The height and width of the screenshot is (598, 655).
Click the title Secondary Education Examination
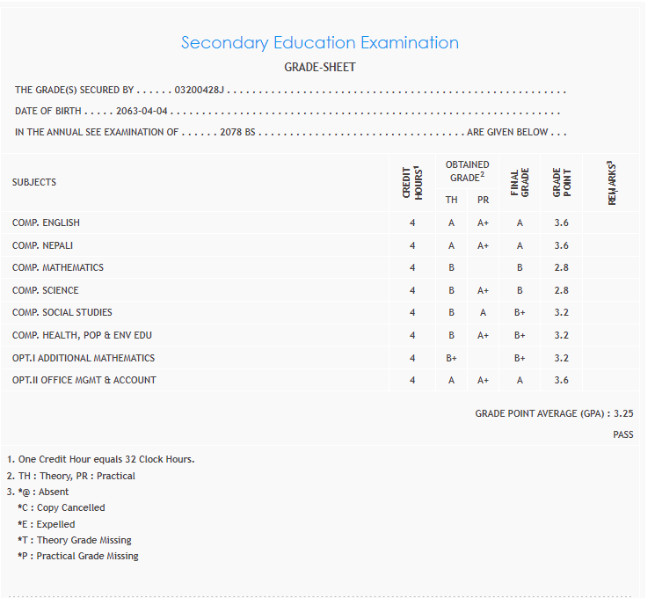(x=320, y=42)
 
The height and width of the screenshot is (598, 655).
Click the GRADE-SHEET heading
(x=320, y=67)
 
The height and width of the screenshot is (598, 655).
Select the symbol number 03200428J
(x=200, y=90)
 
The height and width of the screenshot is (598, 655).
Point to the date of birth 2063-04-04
(x=142, y=112)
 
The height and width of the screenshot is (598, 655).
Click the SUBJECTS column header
(x=34, y=182)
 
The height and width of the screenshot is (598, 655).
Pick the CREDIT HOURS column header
(x=412, y=182)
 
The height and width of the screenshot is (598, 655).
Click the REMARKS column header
(x=612, y=182)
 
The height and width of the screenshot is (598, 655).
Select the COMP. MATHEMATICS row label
(x=58, y=267)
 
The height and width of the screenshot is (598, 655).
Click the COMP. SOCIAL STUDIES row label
(x=62, y=312)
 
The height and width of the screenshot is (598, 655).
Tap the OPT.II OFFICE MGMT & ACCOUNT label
(x=84, y=380)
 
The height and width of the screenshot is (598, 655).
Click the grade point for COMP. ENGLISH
(x=562, y=222)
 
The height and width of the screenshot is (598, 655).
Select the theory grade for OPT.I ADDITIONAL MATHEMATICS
(x=451, y=358)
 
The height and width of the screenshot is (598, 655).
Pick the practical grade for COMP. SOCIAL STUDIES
(x=483, y=312)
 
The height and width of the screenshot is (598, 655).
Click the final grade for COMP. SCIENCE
(x=520, y=290)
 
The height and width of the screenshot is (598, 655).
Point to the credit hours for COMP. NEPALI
(x=412, y=245)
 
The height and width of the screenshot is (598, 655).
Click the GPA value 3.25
(x=623, y=412)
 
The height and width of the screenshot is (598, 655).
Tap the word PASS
(x=623, y=434)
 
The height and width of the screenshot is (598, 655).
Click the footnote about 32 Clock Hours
(x=100, y=459)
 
